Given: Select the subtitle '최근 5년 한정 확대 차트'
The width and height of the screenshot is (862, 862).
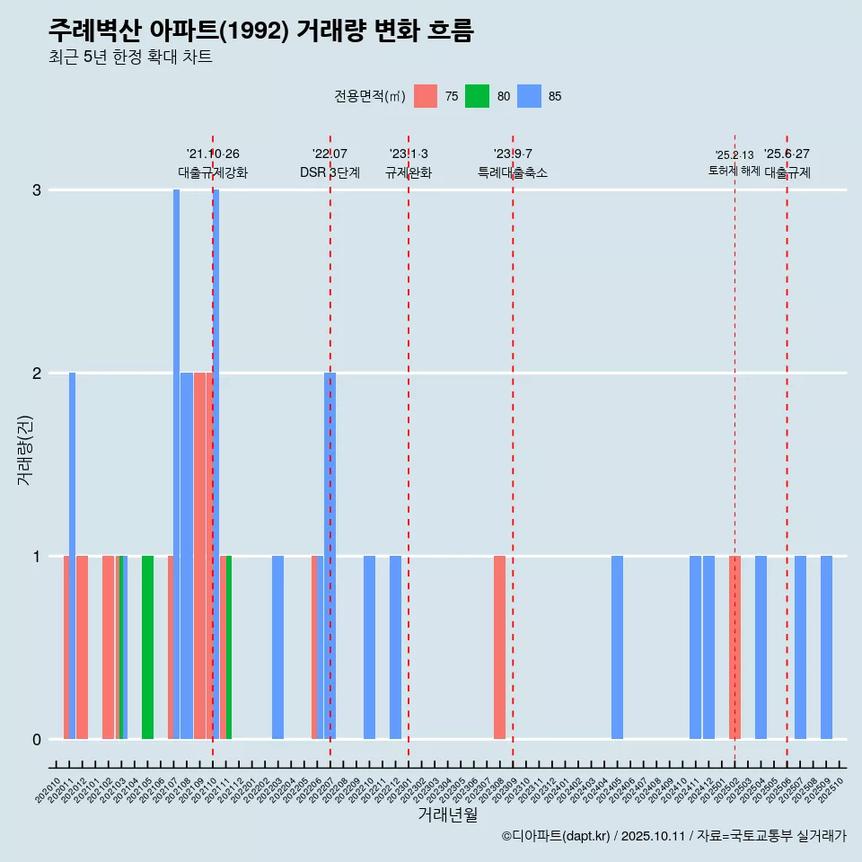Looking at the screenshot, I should pyautogui.click(x=130, y=57).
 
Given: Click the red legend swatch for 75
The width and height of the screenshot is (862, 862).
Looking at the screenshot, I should pyautogui.click(x=426, y=96).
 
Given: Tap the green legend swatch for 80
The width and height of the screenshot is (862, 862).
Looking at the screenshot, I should pyautogui.click(x=477, y=96).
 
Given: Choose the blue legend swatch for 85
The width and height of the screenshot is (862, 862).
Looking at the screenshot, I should pyautogui.click(x=529, y=96).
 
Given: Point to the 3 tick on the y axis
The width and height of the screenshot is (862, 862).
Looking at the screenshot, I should pyautogui.click(x=37, y=190).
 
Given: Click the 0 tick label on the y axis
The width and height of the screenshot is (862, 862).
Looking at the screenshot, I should pyautogui.click(x=37, y=740).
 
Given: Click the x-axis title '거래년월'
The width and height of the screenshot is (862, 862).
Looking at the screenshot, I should pyautogui.click(x=447, y=814).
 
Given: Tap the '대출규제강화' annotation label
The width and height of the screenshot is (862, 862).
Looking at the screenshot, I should pyautogui.click(x=213, y=172).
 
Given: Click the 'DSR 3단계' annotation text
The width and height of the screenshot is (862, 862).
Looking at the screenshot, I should pyautogui.click(x=330, y=172).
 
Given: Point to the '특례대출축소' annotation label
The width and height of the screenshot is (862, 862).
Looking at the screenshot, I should pyautogui.click(x=512, y=172).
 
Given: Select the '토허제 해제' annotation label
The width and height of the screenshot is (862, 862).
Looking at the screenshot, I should pyautogui.click(x=734, y=171).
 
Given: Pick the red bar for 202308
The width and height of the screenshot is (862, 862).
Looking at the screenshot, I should pyautogui.click(x=499, y=647).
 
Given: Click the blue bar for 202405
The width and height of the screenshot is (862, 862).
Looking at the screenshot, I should pyautogui.click(x=617, y=647).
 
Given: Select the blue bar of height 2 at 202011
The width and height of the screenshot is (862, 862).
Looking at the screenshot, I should pyautogui.click(x=72, y=556).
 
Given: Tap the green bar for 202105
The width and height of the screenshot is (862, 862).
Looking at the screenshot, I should pyautogui.click(x=147, y=647).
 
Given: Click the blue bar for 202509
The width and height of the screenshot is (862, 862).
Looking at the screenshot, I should pyautogui.click(x=826, y=647).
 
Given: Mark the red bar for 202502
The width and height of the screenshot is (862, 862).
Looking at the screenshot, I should pyautogui.click(x=734, y=647).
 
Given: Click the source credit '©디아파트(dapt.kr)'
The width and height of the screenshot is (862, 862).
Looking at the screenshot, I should pyautogui.click(x=556, y=836).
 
